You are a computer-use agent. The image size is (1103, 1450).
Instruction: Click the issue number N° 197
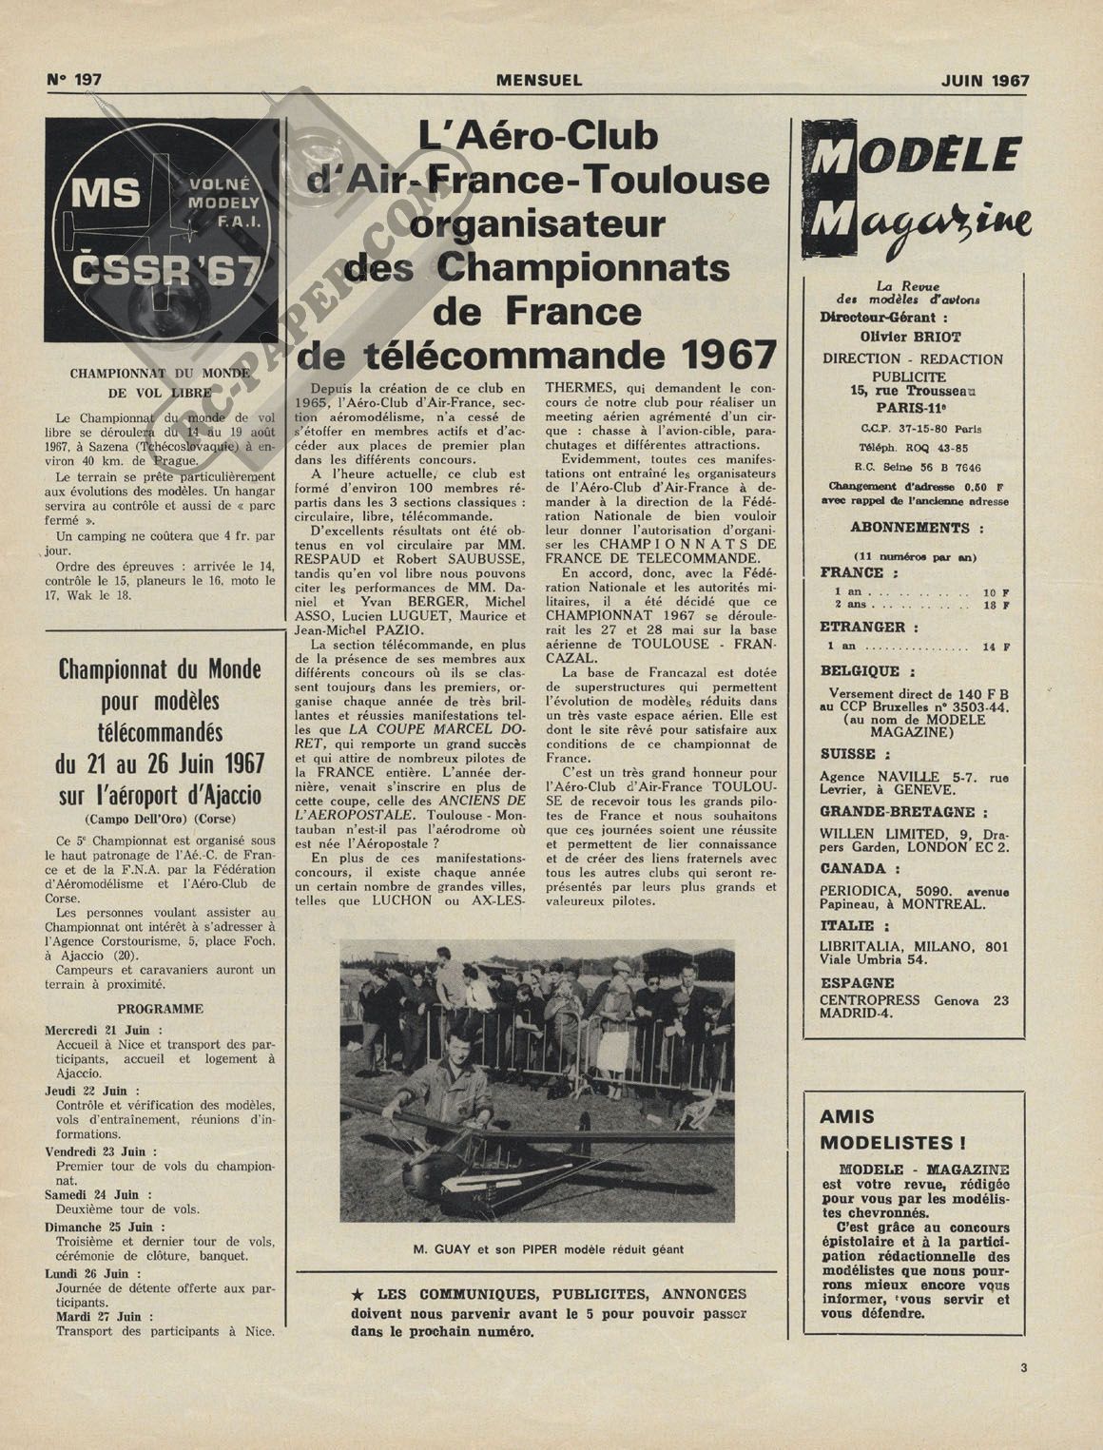(x=74, y=81)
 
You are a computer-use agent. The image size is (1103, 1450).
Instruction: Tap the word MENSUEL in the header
(x=539, y=81)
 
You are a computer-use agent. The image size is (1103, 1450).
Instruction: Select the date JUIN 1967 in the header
(x=985, y=81)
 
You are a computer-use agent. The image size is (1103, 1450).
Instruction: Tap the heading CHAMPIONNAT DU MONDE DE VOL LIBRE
(x=158, y=382)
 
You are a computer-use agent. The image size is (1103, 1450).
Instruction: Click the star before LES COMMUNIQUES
(x=358, y=1294)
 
